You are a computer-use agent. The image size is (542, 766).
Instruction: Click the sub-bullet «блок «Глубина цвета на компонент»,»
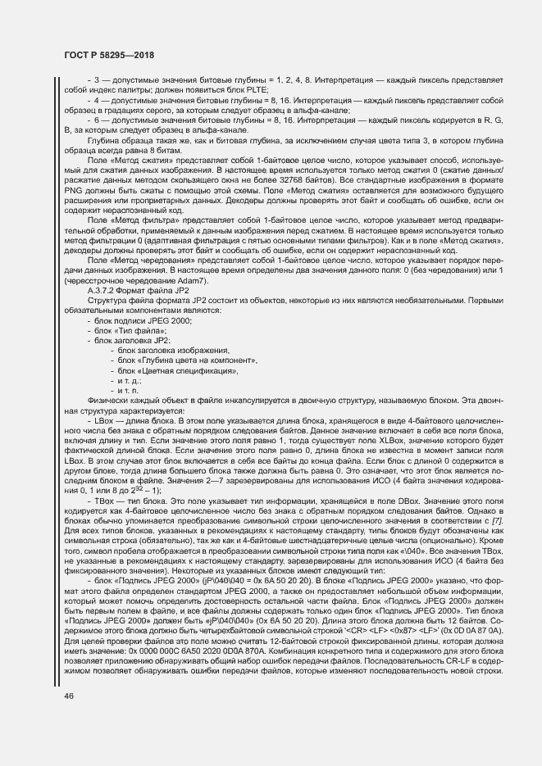click(187, 360)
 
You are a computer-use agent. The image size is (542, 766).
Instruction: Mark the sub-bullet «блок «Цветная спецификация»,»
click(177, 370)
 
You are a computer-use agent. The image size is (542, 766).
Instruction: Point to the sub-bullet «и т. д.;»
click(130, 380)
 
